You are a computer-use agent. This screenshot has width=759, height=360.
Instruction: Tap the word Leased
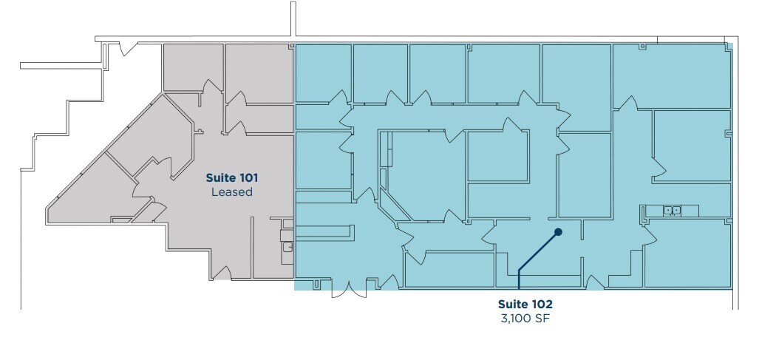[x=231, y=192]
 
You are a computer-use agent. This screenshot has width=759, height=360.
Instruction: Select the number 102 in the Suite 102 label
[x=540, y=304]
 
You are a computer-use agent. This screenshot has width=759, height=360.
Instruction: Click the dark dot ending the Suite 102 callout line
[x=559, y=232]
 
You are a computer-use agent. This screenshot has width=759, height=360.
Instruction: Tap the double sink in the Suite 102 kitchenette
[x=672, y=211]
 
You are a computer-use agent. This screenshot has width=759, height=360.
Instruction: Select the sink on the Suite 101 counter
[x=287, y=247]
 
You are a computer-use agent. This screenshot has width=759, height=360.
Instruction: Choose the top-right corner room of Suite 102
[x=671, y=76]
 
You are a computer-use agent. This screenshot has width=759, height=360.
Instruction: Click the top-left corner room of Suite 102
[x=323, y=72]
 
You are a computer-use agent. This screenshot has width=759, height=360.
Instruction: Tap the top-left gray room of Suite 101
[x=192, y=68]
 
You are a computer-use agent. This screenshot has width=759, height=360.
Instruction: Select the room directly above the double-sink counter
[x=692, y=146]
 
